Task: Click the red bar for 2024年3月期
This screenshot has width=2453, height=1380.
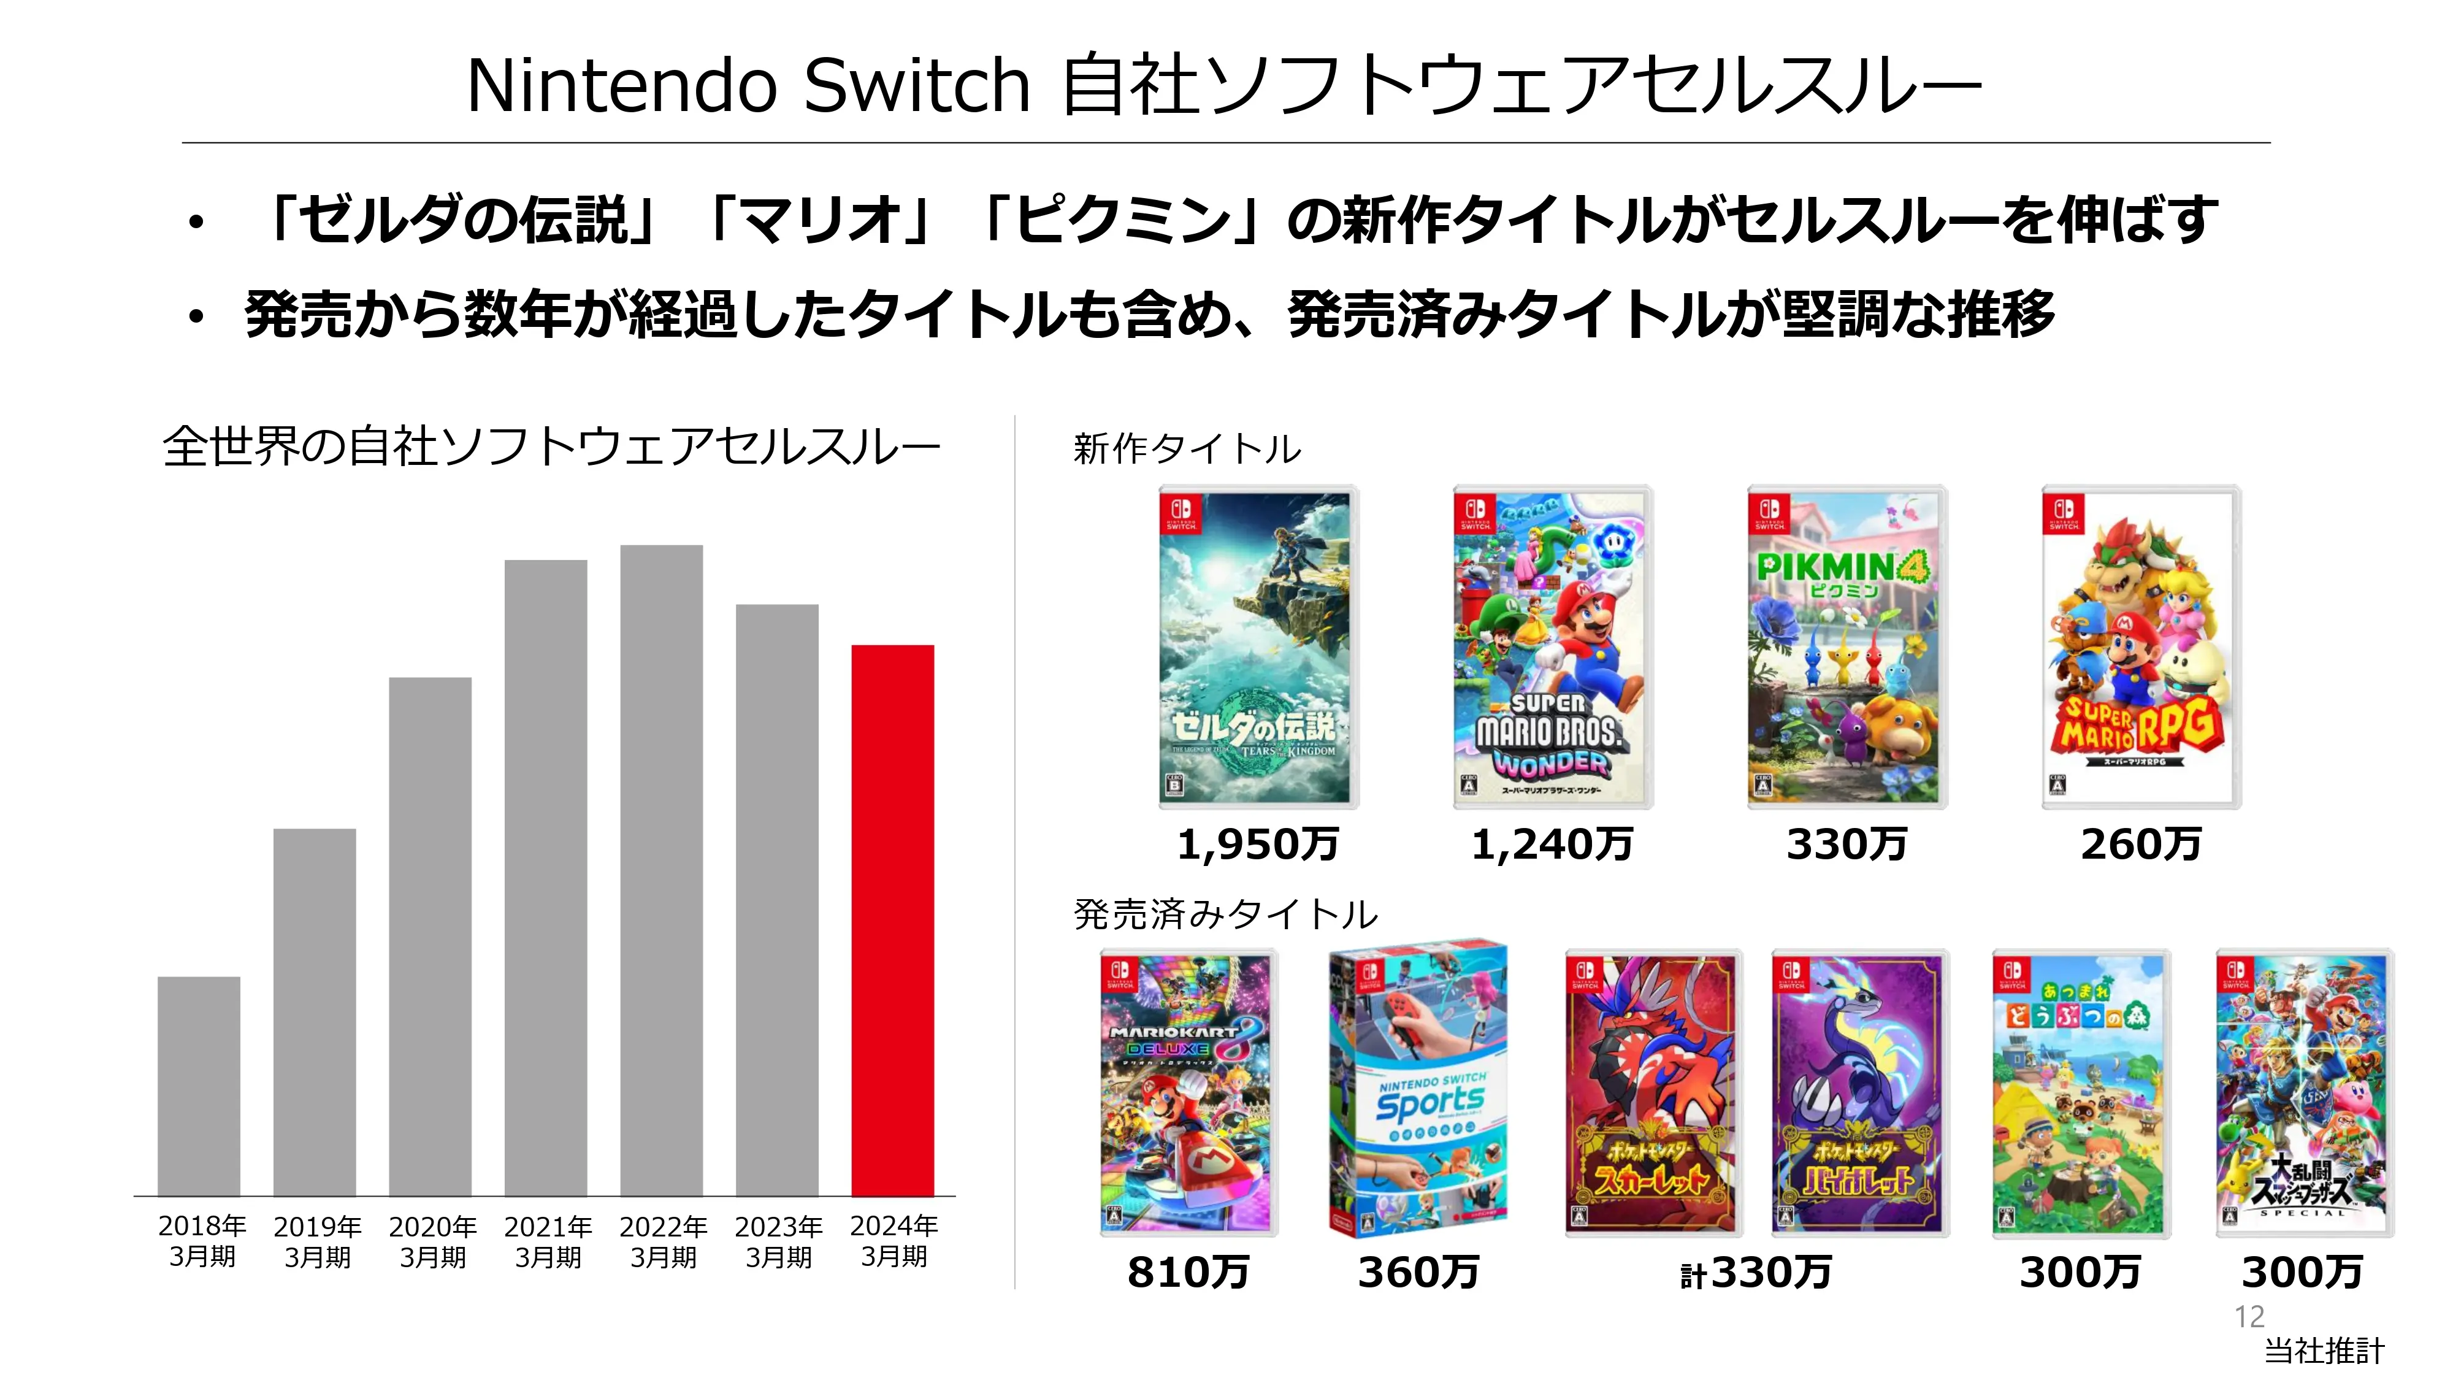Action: tap(892, 919)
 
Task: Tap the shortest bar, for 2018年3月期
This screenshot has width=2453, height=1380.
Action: tap(198, 1086)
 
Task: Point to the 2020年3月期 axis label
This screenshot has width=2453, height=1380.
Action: tap(432, 1241)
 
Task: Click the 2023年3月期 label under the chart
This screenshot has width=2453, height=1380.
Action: tap(778, 1241)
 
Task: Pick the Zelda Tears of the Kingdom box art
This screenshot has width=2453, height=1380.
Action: tap(1257, 648)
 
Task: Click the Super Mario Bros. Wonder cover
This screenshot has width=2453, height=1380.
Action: tap(1552, 648)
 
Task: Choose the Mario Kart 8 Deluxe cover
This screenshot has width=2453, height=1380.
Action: tap(1187, 1094)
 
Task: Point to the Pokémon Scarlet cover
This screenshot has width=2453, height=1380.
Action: tap(1652, 1094)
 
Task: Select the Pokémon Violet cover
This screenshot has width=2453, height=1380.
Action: tap(1858, 1094)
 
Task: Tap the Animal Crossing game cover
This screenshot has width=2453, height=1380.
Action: tap(2080, 1094)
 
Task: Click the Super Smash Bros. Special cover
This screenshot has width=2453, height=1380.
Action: tap(2303, 1094)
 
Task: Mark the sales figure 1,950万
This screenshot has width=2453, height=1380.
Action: tap(1257, 845)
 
